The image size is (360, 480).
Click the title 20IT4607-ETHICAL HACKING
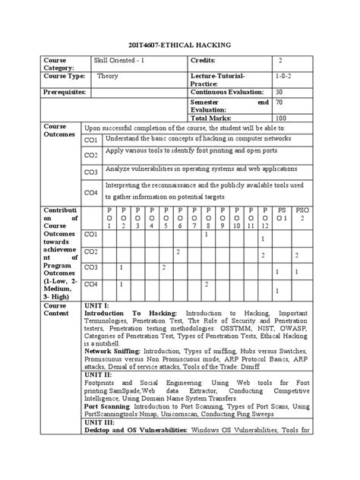[x=180, y=46]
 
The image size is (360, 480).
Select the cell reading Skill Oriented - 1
[x=121, y=60]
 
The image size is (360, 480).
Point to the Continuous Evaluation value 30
[x=279, y=92]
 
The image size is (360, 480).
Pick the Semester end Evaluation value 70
[x=279, y=103]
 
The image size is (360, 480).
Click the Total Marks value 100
[x=281, y=118]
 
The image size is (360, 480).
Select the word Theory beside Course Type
[x=108, y=77]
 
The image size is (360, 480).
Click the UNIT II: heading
[x=99, y=374]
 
